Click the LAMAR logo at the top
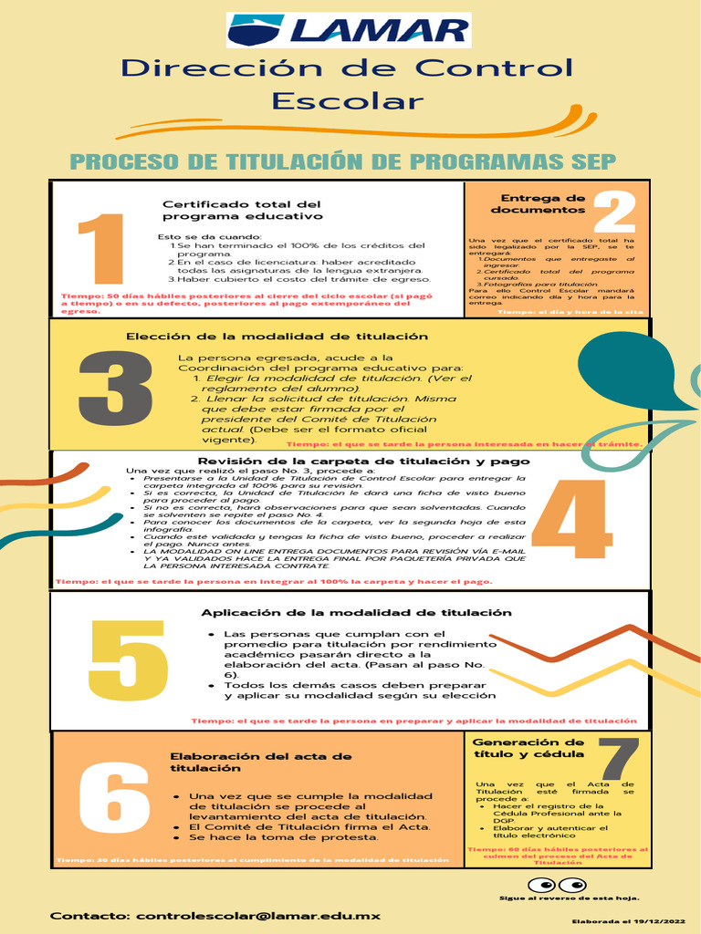coord(350,30)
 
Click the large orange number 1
coord(101,248)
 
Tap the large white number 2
coord(613,212)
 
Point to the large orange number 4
coord(571,521)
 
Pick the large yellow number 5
coord(128,661)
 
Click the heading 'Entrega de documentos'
coord(538,203)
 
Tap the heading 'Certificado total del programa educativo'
coord(242,210)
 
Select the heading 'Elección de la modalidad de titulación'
coord(277,337)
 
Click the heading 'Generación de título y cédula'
coord(528,748)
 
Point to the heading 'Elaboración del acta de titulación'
coord(261,762)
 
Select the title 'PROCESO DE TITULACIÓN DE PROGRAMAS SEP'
coord(343,162)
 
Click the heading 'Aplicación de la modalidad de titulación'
coord(356,612)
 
